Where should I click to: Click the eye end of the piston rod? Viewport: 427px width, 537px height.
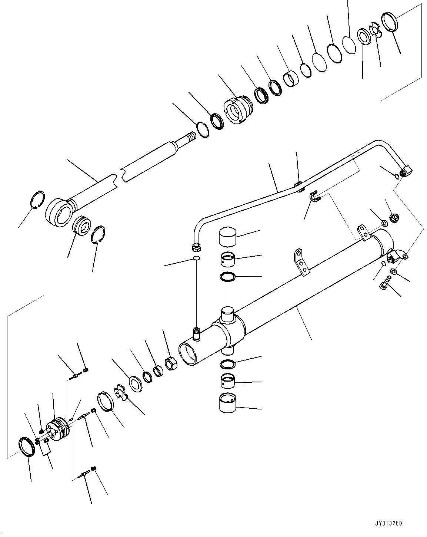pyautogui.click(x=57, y=212)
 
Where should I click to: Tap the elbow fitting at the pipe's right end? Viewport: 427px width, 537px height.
pyautogui.click(x=406, y=171)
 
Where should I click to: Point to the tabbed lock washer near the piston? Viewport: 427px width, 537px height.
pyautogui.click(x=121, y=393)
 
